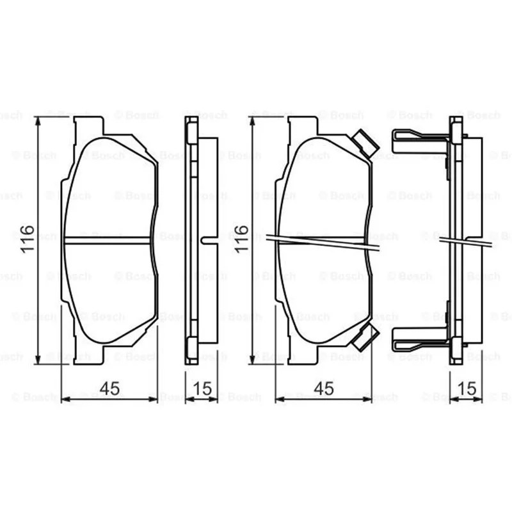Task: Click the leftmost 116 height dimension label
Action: pyautogui.click(x=28, y=239)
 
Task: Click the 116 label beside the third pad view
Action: pyautogui.click(x=241, y=239)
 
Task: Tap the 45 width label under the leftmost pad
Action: pyautogui.click(x=109, y=388)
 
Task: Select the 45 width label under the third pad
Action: pyautogui.click(x=324, y=388)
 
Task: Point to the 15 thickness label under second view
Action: pyautogui.click(x=202, y=388)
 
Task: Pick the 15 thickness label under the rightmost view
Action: pyautogui.click(x=467, y=388)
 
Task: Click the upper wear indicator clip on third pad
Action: pyautogui.click(x=366, y=143)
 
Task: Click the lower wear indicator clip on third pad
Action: pyautogui.click(x=365, y=338)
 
